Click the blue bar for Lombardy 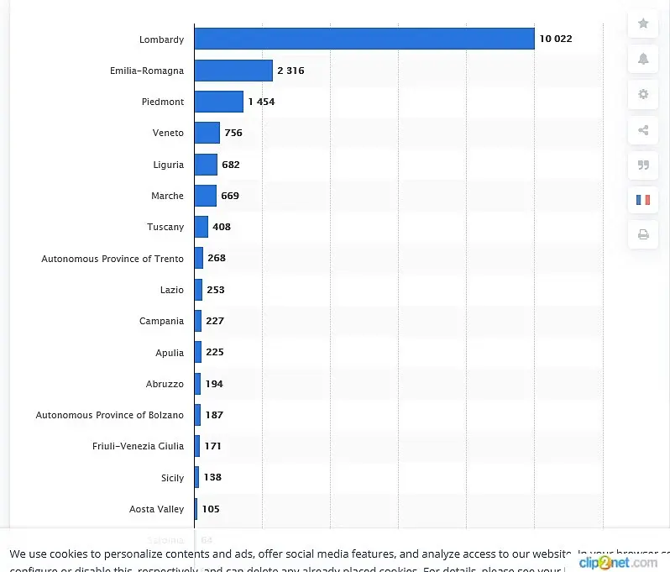[364, 39]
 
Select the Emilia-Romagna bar [233, 71]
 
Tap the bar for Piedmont [218, 102]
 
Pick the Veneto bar [207, 133]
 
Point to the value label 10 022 [556, 39]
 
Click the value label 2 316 [291, 71]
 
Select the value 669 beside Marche [230, 196]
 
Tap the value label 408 [222, 227]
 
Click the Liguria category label [168, 165]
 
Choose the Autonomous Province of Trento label [113, 259]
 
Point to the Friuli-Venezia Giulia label [138, 446]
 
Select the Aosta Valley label [157, 509]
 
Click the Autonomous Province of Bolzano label [109, 415]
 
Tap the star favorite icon [643, 24]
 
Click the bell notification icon [643, 59]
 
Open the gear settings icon [643, 94]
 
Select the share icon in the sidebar [643, 129]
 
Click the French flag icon [643, 200]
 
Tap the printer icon [643, 235]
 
